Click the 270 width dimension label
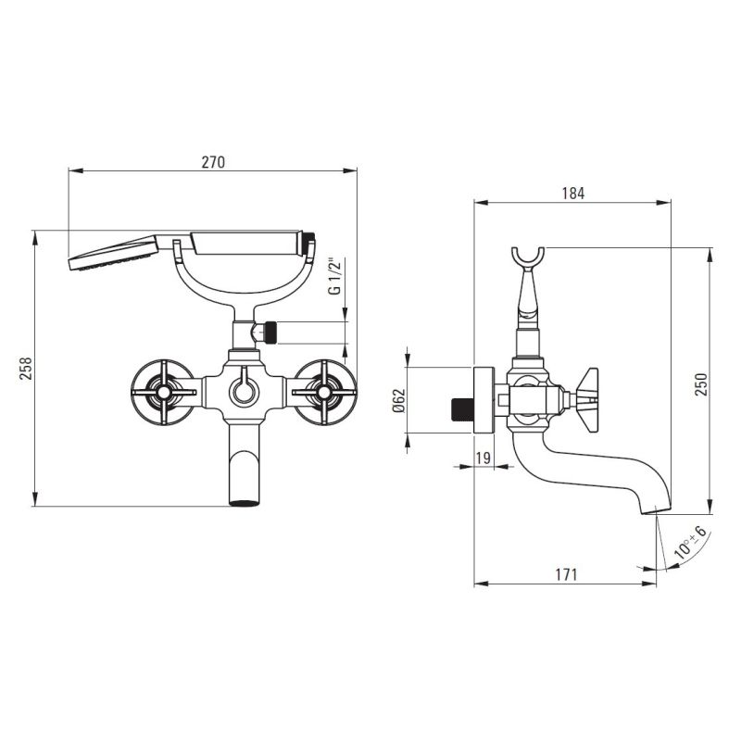(213, 162)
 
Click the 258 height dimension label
(26, 368)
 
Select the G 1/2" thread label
(334, 276)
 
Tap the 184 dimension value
(572, 194)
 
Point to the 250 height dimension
(701, 384)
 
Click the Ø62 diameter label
(399, 400)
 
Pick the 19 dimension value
(483, 458)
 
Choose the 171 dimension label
(566, 574)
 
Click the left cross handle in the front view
(163, 392)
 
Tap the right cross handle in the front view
(324, 392)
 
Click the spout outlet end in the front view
(245, 503)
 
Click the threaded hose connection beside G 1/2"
(270, 333)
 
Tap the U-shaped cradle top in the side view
(528, 258)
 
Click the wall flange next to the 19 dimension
(484, 400)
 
